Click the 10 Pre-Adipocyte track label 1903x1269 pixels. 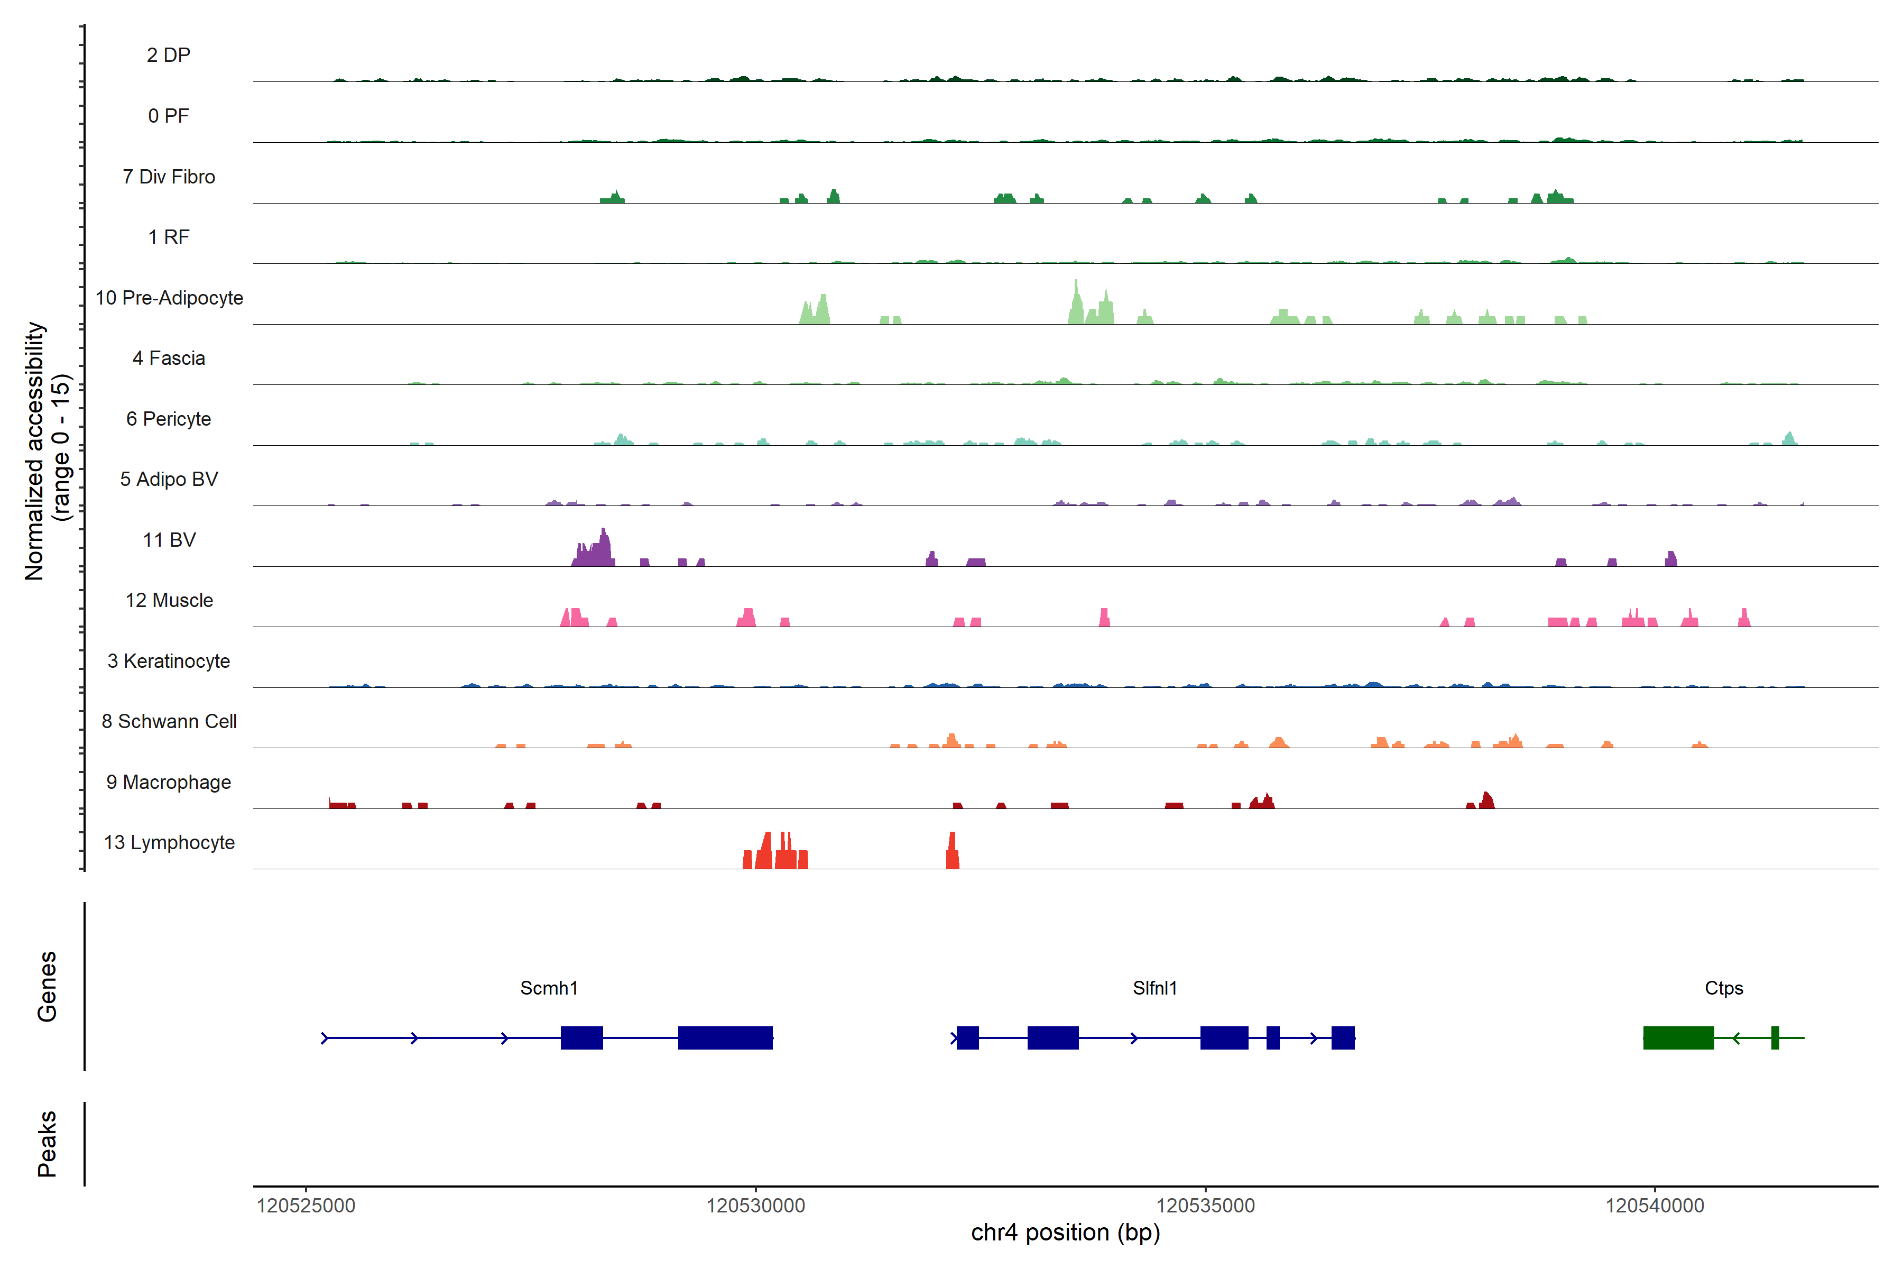(x=169, y=298)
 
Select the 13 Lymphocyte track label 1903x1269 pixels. (x=169, y=842)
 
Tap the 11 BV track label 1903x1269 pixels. (x=169, y=540)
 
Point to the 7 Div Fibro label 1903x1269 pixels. (x=169, y=177)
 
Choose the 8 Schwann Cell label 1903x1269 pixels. (x=169, y=721)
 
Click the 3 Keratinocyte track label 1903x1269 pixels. (x=169, y=661)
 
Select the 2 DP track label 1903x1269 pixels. (x=169, y=55)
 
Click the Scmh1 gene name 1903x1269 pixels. (x=549, y=988)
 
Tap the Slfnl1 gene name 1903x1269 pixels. (x=1154, y=988)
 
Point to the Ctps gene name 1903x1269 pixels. (x=1723, y=988)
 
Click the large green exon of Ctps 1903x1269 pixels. (x=1678, y=1037)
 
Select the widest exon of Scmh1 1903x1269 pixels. (x=725, y=1037)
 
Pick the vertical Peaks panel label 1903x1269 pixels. (x=47, y=1144)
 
